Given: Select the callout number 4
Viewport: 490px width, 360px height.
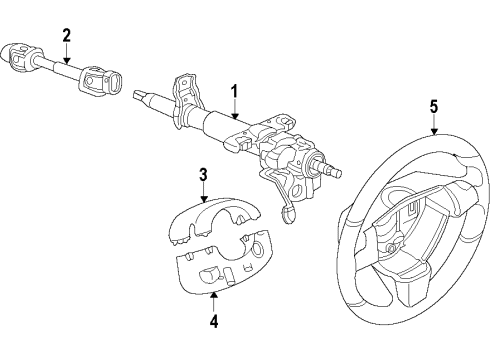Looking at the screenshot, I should click(213, 323).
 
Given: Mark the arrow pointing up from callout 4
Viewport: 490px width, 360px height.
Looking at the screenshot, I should click(213, 303).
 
